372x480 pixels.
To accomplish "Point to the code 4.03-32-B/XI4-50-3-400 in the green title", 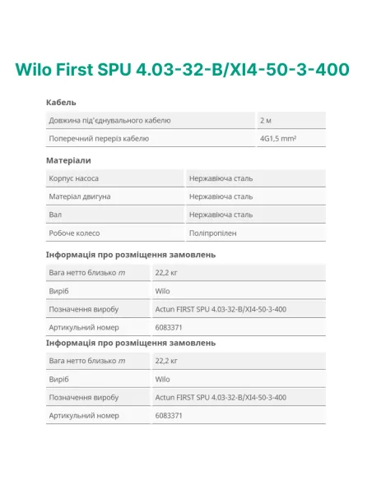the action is click(x=251, y=69).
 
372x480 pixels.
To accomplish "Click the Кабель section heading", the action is click(x=61, y=102).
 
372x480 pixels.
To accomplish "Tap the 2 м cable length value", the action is click(x=265, y=120).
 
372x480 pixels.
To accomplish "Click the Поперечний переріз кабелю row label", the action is click(x=99, y=138).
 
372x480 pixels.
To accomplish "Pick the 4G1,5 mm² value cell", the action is click(x=277, y=138).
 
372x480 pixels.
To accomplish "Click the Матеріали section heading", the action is click(x=68, y=160).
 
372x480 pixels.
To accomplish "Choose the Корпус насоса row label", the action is click(x=74, y=178).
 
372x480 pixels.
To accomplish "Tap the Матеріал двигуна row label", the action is click(x=79, y=196).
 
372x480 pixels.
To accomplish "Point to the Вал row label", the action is click(x=55, y=215).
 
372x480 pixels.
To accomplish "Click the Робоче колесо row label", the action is click(x=74, y=233).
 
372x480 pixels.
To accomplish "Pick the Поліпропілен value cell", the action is click(x=212, y=233).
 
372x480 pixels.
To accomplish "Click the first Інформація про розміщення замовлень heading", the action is click(x=130, y=255).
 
